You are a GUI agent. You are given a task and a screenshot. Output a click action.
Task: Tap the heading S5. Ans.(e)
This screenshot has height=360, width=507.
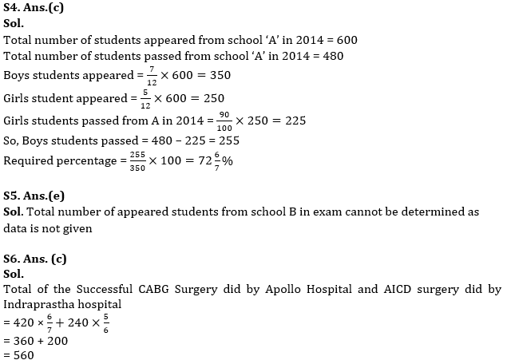point(34,194)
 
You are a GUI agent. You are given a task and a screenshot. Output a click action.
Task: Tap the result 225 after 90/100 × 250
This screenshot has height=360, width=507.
point(292,121)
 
